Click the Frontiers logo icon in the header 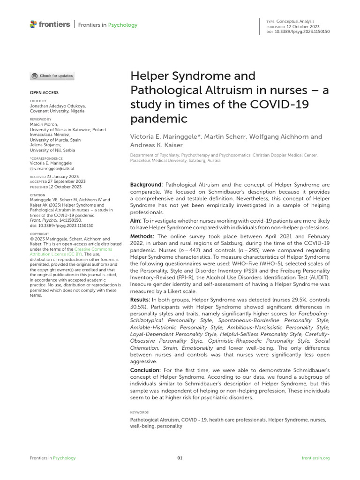(33, 24)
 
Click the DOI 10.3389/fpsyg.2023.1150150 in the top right (303, 31)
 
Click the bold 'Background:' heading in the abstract (146, 185)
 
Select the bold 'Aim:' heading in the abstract (136, 220)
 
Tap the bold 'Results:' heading (140, 299)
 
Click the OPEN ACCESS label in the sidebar (44, 93)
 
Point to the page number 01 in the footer (180, 458)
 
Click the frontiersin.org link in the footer (316, 458)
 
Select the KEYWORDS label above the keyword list (139, 412)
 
